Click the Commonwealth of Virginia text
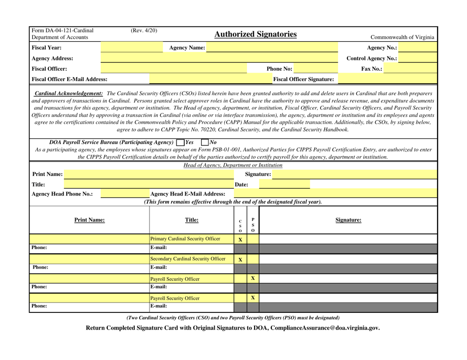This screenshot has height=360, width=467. tap(403, 37)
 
